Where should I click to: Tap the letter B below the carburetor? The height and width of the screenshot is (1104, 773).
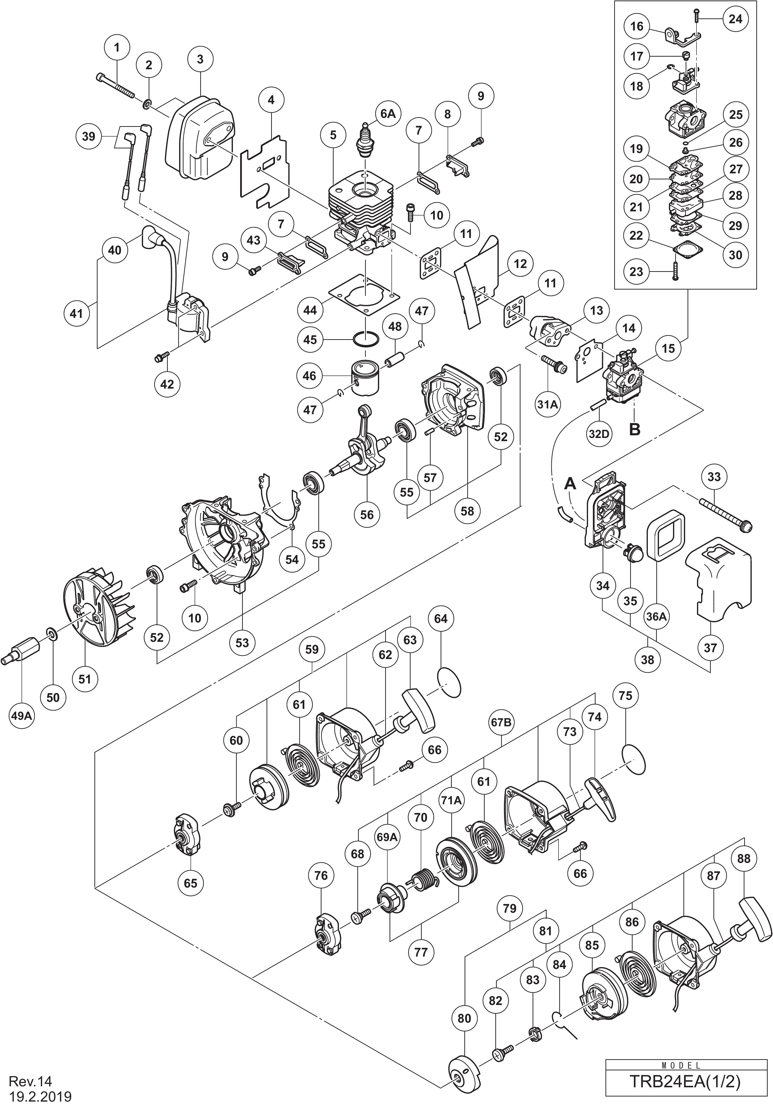point(635,429)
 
